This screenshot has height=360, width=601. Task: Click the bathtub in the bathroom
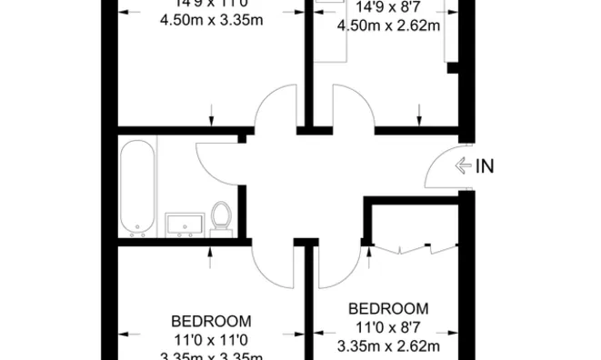pos(138,186)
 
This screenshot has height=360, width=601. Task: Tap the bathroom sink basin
pos(186,224)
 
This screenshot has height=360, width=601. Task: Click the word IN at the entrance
pos(486,165)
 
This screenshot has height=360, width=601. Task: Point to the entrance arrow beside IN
pos(463,165)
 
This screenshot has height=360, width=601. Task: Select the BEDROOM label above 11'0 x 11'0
pos(211,322)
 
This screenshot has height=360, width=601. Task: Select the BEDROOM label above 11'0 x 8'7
pos(388,309)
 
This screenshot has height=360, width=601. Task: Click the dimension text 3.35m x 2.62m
pos(388,345)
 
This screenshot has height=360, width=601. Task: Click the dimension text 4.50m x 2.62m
pos(388,25)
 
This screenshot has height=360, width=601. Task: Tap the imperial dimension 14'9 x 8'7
pos(388,8)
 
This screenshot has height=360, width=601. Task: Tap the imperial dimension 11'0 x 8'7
pos(388,327)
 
